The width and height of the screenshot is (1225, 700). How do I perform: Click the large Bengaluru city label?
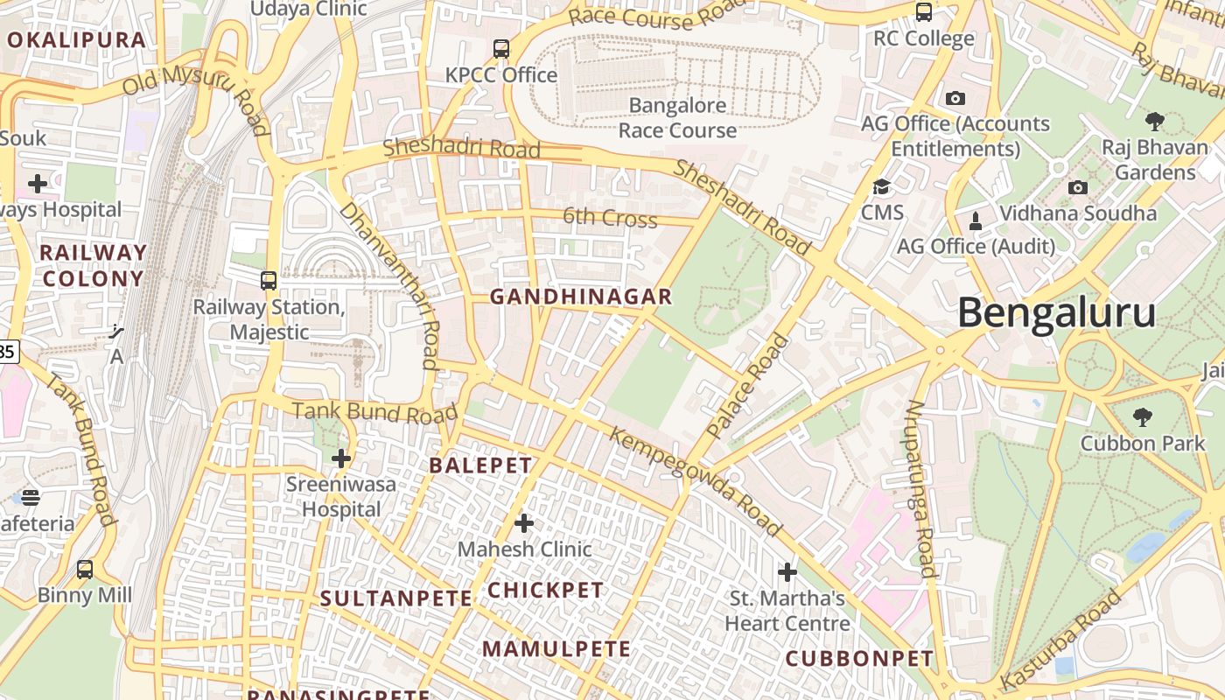click(1056, 313)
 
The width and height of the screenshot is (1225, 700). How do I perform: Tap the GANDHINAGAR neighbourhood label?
click(581, 297)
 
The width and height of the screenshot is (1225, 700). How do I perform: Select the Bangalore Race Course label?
click(677, 118)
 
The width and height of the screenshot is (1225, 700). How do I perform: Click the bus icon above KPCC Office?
click(501, 49)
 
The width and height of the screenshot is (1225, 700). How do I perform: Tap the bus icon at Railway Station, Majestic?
click(269, 281)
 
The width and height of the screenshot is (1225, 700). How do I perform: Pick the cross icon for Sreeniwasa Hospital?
click(341, 458)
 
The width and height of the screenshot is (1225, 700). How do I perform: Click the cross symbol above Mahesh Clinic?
click(524, 524)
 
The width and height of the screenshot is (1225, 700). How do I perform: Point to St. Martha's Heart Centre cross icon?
click(787, 572)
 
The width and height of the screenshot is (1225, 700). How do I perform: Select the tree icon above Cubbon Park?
click(1142, 417)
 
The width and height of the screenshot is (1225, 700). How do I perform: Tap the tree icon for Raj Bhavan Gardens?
click(1155, 121)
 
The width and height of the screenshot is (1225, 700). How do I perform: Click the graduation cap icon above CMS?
click(881, 187)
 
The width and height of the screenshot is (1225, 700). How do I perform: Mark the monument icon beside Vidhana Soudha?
click(976, 220)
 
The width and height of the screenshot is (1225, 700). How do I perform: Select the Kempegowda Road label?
click(695, 481)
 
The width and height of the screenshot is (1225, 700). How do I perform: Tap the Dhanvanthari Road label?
click(389, 285)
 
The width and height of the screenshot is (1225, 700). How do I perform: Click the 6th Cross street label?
click(610, 217)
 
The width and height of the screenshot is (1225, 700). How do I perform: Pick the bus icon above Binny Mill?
click(85, 570)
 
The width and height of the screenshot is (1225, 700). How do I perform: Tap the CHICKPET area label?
click(546, 591)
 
